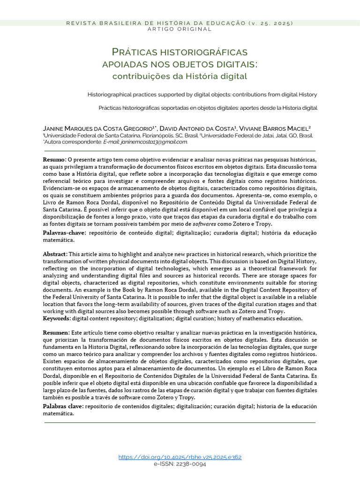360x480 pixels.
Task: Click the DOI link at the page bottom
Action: [x=180, y=457]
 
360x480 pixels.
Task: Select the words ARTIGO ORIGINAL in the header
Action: [x=180, y=29]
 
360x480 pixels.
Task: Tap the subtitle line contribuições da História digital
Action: [x=180, y=75]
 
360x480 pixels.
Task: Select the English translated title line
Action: [x=202, y=95]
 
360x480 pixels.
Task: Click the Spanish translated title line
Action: [x=208, y=108]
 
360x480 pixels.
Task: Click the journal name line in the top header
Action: [x=180, y=23]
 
